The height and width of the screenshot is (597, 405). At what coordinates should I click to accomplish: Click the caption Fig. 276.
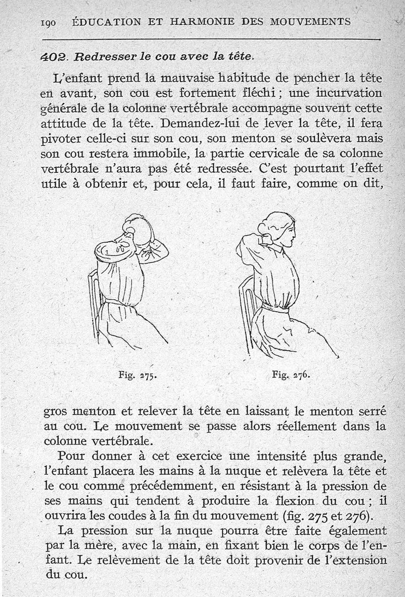[x=290, y=376]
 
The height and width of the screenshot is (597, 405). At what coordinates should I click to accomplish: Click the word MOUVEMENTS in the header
[x=310, y=22]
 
